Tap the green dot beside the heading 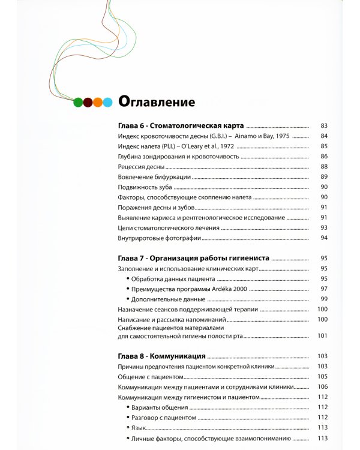coord(77,102)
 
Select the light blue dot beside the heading coord(107,102)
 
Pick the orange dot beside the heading coord(98,102)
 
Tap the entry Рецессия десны coord(139,166)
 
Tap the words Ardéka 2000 coord(226,289)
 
